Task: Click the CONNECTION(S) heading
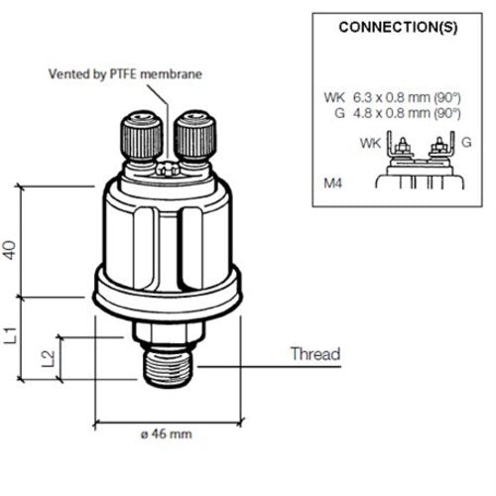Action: tap(398, 27)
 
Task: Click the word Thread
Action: tap(314, 354)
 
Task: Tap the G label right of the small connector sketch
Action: tap(467, 143)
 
